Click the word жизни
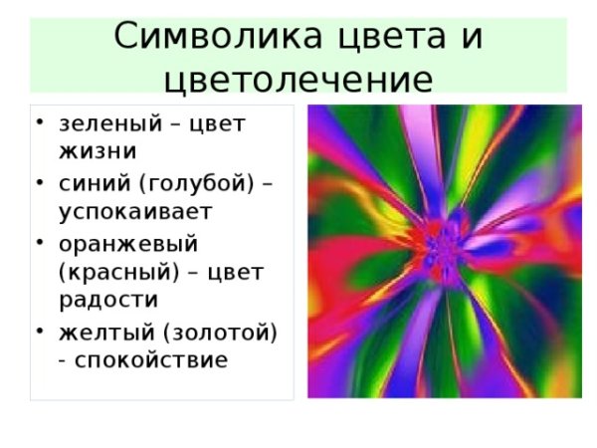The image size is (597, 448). coord(98,152)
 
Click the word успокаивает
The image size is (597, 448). coord(136,211)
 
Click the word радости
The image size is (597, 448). coord(109,300)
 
